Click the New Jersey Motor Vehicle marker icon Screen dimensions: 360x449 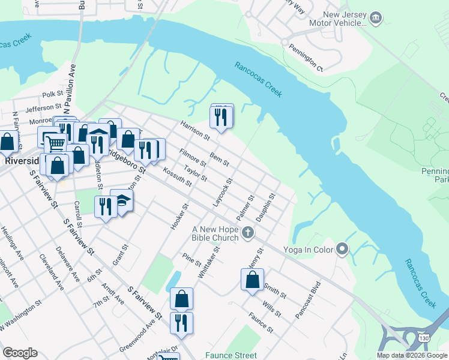[376, 18]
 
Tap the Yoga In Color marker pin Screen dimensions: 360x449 [342, 248]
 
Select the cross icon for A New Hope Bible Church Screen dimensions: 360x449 [247, 232]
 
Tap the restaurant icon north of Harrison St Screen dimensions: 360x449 [221, 115]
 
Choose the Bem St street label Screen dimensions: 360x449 [220, 160]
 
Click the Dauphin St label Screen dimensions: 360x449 [265, 206]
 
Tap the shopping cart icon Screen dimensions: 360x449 [55, 143]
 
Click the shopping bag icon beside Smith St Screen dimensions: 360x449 [253, 279]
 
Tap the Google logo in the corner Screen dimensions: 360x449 [20, 353]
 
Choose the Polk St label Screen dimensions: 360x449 [53, 94]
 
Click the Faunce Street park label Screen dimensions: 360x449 [231, 355]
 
